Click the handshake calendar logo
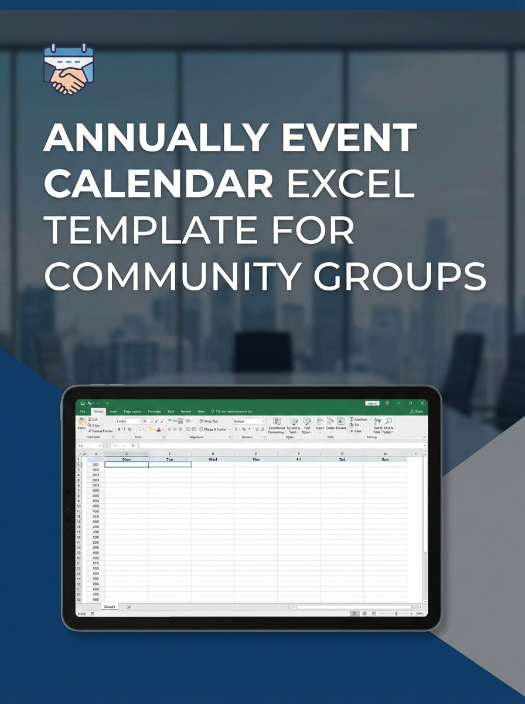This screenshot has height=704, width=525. (x=69, y=69)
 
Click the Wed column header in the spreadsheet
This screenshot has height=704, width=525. (x=213, y=459)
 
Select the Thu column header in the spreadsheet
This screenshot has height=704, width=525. (x=256, y=459)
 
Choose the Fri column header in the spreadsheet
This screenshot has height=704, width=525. (x=299, y=459)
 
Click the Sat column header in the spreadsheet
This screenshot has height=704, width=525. (x=342, y=459)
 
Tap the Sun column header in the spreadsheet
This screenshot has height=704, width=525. (x=385, y=459)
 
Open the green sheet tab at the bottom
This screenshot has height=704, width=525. (x=109, y=607)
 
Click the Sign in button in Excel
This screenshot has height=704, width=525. (x=372, y=403)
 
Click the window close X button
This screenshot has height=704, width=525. (x=422, y=403)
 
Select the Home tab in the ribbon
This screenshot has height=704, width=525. (x=98, y=412)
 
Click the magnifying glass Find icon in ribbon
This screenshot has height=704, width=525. (x=388, y=421)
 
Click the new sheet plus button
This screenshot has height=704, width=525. (x=128, y=607)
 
